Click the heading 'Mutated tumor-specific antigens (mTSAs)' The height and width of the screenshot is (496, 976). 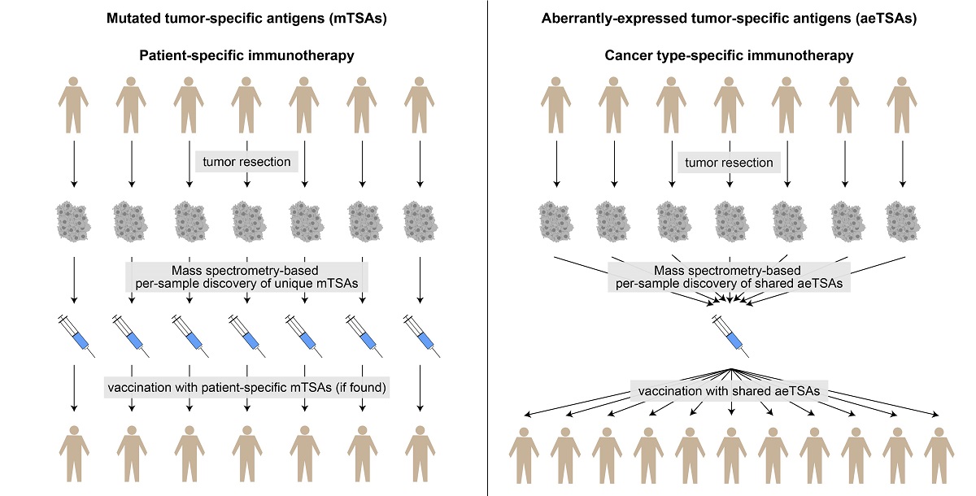point(247,18)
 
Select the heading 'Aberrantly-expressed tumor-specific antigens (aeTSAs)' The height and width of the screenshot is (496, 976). point(729,18)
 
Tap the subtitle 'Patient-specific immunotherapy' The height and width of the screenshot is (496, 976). point(246,56)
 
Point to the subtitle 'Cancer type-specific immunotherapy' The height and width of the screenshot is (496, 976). point(729,56)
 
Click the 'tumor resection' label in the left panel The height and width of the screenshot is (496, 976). point(246,162)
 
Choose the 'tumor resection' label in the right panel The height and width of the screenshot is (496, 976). point(729,163)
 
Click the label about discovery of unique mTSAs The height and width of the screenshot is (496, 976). point(247,276)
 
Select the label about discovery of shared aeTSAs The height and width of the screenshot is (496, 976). point(729,276)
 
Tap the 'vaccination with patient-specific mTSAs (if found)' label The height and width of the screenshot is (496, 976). point(246,388)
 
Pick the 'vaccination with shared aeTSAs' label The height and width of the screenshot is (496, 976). point(729,391)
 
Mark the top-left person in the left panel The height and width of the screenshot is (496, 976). point(74,106)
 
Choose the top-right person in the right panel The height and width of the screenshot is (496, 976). point(901,106)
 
